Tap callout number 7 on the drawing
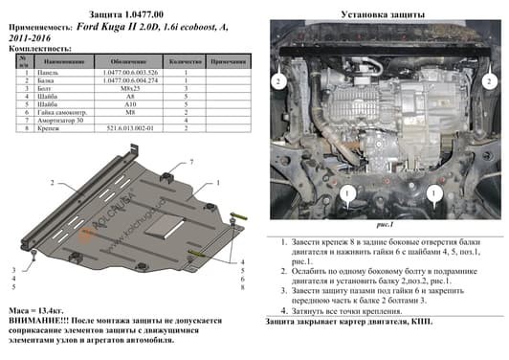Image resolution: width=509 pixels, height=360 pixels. (191, 164)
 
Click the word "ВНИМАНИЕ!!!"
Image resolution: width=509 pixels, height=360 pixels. (35, 323)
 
